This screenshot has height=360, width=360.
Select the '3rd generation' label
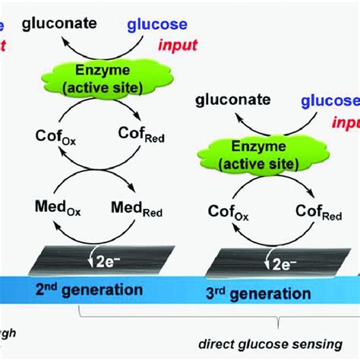(258, 292)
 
